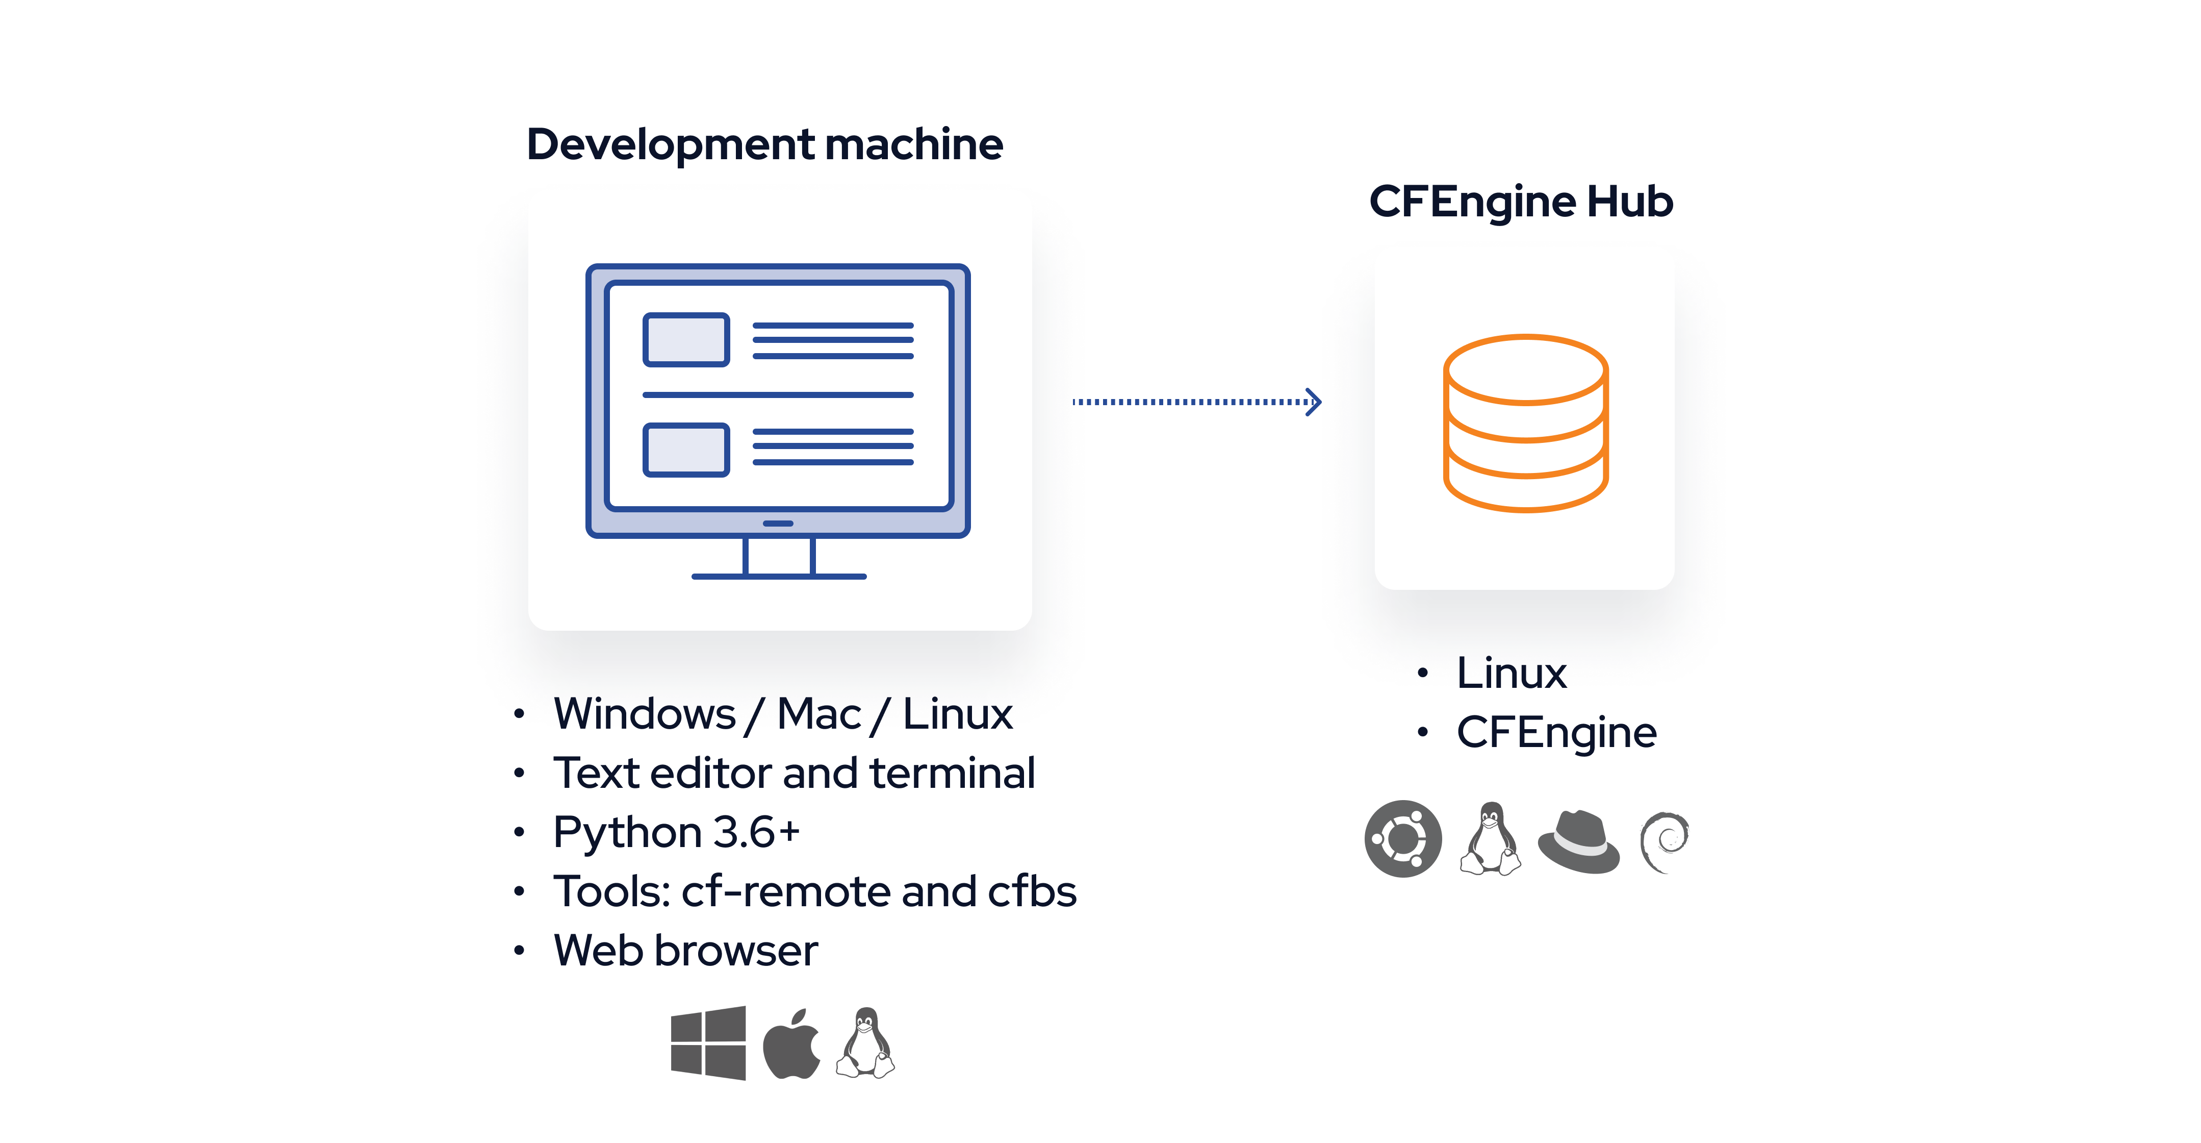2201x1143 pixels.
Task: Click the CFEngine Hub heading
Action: click(x=1521, y=202)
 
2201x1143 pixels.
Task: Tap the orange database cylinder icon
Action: click(x=1526, y=423)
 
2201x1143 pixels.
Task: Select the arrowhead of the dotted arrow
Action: click(x=1314, y=401)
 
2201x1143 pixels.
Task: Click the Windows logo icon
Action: click(x=708, y=1043)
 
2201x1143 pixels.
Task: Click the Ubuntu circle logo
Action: click(x=1403, y=839)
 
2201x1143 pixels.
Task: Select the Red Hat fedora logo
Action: click(x=1578, y=841)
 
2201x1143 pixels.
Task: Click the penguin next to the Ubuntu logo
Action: click(x=1491, y=839)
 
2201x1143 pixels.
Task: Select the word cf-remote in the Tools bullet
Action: click(x=786, y=891)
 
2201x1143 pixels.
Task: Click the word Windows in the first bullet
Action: click(x=644, y=714)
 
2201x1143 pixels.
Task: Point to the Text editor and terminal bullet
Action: click(x=794, y=773)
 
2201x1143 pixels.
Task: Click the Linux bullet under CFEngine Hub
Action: click(x=1512, y=673)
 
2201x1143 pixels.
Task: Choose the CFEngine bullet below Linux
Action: click(x=1556, y=733)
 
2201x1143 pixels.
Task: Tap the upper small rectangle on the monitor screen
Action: click(x=686, y=339)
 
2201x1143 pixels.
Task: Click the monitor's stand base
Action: click(x=778, y=576)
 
